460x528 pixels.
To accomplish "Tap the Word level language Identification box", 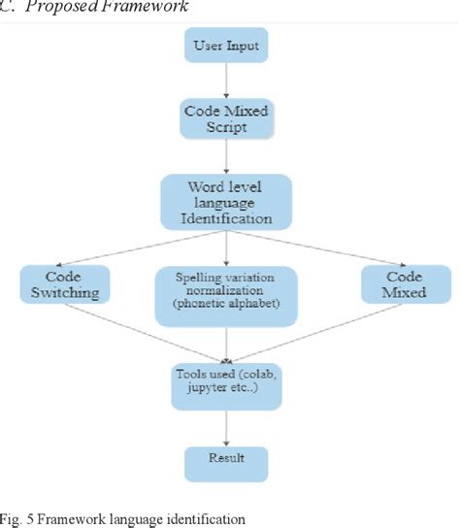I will click(x=227, y=203).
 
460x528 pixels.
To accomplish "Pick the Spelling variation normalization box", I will click(x=227, y=290).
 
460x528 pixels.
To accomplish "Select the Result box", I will click(x=227, y=457).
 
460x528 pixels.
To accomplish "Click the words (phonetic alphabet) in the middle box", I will click(x=227, y=306).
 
